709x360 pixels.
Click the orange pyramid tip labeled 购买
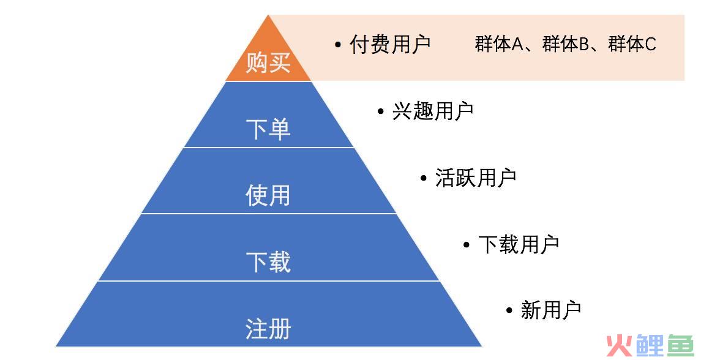point(268,54)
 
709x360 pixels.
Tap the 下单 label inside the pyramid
point(268,129)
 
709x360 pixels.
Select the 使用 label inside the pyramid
point(268,196)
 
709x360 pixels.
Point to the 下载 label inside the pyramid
point(268,262)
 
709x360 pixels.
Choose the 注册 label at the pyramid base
point(268,329)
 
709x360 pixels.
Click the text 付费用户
point(390,44)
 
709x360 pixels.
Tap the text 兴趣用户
point(433,111)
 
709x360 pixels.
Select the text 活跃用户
point(476,178)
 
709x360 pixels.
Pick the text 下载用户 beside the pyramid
point(519,244)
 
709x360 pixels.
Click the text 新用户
point(551,310)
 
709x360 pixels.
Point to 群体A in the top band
point(499,44)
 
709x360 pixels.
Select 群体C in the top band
point(632,44)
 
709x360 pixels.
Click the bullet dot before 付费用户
point(338,45)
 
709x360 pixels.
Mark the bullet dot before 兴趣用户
point(381,111)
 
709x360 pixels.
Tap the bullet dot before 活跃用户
point(424,178)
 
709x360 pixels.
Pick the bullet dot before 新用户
point(509,310)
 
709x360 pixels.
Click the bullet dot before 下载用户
point(467,245)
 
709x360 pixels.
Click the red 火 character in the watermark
point(620,345)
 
